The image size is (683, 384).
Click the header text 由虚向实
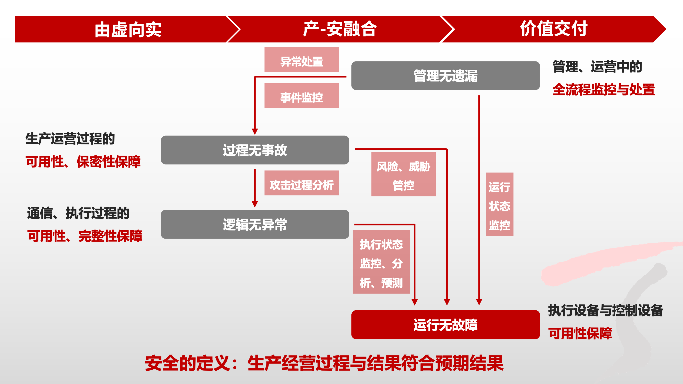128,29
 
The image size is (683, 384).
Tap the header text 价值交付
554,29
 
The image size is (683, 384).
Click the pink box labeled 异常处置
302,60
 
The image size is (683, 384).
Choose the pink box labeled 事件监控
302,96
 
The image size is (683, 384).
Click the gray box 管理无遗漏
445,76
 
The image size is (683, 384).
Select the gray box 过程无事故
255,150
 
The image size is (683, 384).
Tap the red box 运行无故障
445,325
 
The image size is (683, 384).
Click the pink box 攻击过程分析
302,183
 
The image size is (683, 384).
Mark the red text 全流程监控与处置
604,89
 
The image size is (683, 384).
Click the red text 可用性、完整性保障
85,236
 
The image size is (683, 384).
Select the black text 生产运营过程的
70,139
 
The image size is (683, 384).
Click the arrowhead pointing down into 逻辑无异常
255,204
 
